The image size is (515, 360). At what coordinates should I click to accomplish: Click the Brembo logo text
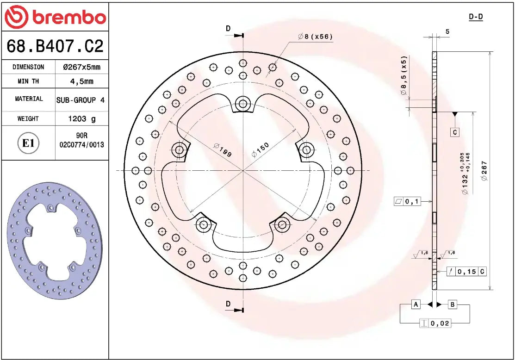68,18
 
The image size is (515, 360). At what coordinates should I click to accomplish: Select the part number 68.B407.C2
55,46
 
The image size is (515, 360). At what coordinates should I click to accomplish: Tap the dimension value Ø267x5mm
81,67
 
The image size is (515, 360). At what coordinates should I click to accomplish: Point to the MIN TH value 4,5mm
81,81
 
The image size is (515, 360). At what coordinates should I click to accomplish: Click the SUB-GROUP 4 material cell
80,100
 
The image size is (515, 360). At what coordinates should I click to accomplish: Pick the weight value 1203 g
82,119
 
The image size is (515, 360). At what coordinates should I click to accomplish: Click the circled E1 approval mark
29,143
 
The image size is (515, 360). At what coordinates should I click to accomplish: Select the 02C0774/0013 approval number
82,145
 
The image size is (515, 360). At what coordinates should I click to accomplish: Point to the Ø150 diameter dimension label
260,150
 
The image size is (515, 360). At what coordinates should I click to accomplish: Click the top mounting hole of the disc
242,104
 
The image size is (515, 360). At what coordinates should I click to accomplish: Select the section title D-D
476,17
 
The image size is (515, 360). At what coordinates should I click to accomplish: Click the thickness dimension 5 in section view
447,31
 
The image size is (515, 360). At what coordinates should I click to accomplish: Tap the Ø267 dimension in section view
484,171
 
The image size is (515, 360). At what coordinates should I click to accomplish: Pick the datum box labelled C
455,132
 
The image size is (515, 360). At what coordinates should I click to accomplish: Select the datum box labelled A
416,304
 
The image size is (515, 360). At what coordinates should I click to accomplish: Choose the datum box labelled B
453,304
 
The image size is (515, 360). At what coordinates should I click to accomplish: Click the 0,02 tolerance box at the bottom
440,323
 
